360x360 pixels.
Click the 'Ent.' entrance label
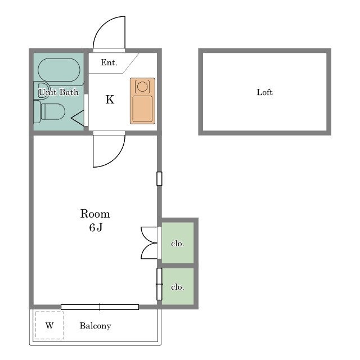click(x=109, y=62)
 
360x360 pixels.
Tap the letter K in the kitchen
click(x=110, y=100)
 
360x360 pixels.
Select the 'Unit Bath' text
click(x=58, y=92)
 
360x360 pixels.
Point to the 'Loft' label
click(x=264, y=92)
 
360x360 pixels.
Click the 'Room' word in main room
click(x=95, y=214)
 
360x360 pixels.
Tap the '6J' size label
click(x=96, y=227)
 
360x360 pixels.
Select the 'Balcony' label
click(x=95, y=326)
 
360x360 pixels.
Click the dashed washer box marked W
click(x=49, y=325)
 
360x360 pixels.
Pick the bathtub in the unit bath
click(x=59, y=70)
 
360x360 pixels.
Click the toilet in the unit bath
click(x=49, y=111)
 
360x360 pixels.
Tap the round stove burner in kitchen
click(x=142, y=87)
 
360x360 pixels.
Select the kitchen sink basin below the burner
click(x=142, y=109)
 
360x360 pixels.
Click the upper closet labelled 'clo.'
click(x=178, y=242)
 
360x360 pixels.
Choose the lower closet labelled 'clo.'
click(x=178, y=286)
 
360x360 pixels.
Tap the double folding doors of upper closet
click(x=148, y=243)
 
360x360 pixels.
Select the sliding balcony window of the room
click(x=100, y=307)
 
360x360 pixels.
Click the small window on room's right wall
click(x=159, y=178)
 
